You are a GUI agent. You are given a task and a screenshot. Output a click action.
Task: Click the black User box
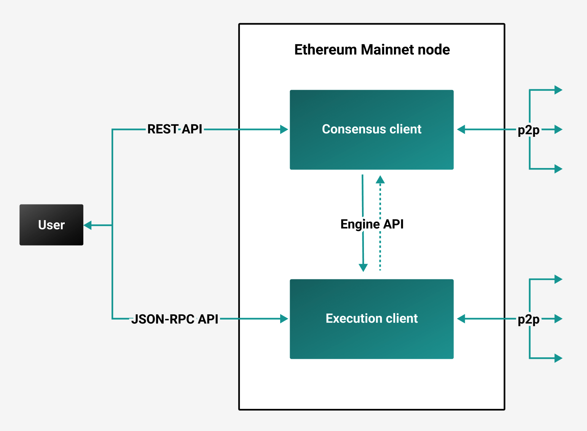51,225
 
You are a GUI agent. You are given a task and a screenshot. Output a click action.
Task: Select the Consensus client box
372,130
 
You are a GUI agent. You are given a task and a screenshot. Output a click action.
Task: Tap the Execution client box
372,319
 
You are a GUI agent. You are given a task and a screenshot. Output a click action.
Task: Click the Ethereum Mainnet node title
372,50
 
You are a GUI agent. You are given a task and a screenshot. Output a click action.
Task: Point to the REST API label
175,129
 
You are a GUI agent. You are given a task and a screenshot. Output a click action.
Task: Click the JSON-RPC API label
175,319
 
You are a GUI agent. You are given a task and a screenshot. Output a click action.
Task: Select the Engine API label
372,224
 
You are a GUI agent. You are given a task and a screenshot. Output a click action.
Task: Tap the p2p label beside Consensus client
528,130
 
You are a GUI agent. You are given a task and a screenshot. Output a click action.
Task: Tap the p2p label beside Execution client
528,320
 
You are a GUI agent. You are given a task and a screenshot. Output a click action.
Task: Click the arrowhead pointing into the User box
88,225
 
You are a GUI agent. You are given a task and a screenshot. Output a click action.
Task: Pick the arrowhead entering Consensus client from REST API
284,130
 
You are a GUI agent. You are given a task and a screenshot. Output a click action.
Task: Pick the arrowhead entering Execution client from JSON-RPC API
284,319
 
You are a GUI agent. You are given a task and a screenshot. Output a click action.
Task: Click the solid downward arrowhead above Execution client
364,268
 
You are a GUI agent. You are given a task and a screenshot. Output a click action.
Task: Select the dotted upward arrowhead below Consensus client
380,179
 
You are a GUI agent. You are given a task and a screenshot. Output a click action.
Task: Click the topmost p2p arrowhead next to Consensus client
558,90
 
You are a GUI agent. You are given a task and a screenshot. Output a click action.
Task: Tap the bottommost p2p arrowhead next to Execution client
558,358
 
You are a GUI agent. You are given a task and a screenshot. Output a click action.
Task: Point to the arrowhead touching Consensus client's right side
461,130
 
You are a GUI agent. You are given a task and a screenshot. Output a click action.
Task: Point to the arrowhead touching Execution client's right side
461,319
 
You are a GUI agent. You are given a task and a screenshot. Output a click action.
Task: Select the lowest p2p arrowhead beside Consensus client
558,169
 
